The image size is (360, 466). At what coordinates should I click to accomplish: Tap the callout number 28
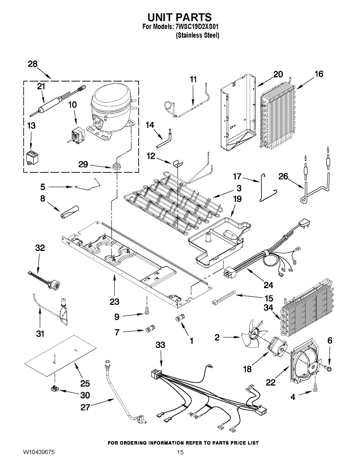click(x=33, y=64)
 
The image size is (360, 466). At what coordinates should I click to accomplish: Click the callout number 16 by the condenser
click(x=319, y=74)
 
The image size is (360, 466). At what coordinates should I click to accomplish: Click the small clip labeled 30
click(x=55, y=388)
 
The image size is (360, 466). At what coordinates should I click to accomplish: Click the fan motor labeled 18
click(x=278, y=348)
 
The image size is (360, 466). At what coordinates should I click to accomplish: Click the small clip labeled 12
click(x=177, y=163)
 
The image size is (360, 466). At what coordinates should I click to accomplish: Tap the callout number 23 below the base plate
click(x=115, y=302)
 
